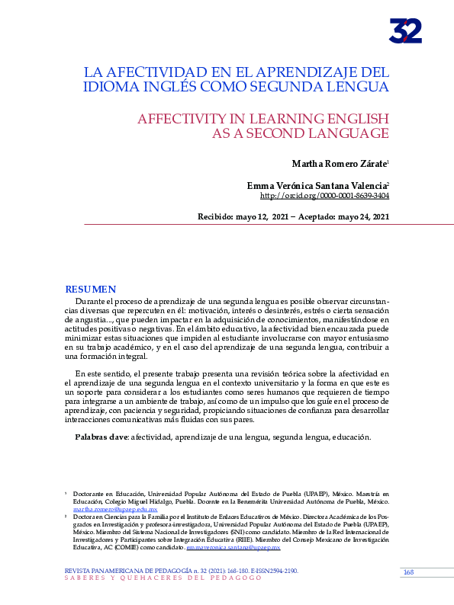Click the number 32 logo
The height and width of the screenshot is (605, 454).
[x=405, y=30]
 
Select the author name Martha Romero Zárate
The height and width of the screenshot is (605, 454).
[x=339, y=164]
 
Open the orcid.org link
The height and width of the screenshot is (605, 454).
[x=325, y=196]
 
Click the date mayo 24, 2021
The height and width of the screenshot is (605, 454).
[x=363, y=216]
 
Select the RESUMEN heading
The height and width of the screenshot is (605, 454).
[x=90, y=290]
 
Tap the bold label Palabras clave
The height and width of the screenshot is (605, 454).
[x=101, y=437]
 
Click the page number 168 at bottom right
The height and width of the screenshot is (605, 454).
[x=408, y=571]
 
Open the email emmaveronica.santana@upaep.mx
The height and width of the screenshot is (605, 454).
[x=237, y=547]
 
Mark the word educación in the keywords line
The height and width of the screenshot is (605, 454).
[x=351, y=437]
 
